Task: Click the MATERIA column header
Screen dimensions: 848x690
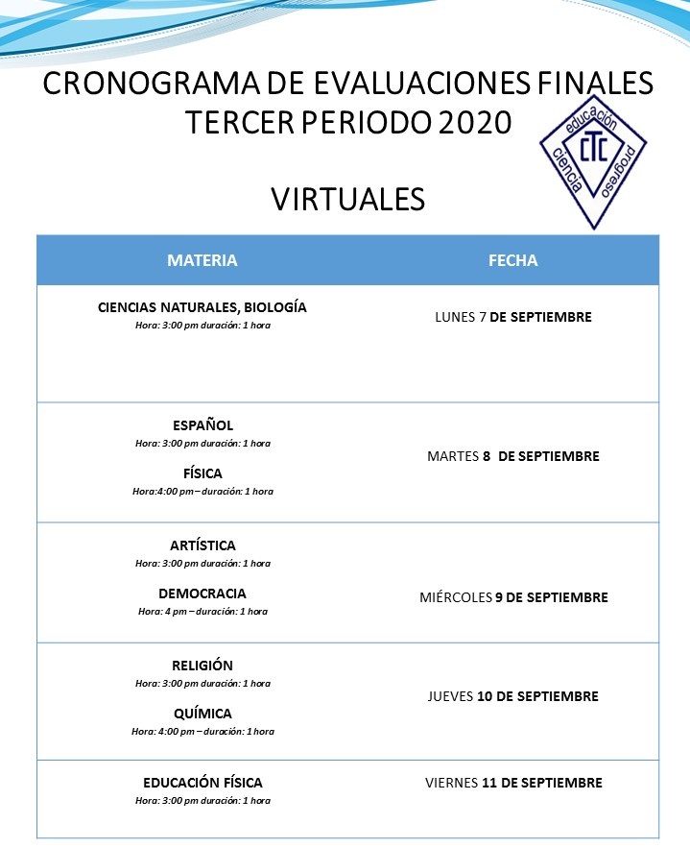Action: click(x=202, y=260)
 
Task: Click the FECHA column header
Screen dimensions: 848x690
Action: click(x=513, y=260)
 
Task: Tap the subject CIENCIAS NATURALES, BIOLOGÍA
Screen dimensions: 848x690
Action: click(x=202, y=308)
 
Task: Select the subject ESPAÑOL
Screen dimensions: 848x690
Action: click(x=202, y=425)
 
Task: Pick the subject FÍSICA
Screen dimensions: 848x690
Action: click(x=202, y=473)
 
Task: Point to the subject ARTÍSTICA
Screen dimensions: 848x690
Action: click(x=202, y=545)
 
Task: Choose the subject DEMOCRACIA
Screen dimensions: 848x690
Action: click(x=202, y=594)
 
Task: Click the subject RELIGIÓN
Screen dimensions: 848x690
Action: click(x=202, y=666)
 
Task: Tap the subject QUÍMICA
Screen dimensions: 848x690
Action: click(x=202, y=714)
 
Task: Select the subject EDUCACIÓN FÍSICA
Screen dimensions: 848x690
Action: click(x=202, y=783)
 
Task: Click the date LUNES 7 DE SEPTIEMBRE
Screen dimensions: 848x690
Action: click(x=513, y=317)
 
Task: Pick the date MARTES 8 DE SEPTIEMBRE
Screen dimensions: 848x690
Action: click(x=513, y=456)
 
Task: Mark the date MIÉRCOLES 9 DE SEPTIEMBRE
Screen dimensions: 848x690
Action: click(x=513, y=597)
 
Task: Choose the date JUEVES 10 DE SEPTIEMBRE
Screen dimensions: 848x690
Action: click(x=513, y=696)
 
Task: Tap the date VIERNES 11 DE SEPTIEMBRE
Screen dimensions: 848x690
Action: click(x=513, y=783)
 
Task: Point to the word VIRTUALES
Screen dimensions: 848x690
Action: click(x=347, y=199)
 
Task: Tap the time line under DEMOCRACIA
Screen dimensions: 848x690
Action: click(x=202, y=612)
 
